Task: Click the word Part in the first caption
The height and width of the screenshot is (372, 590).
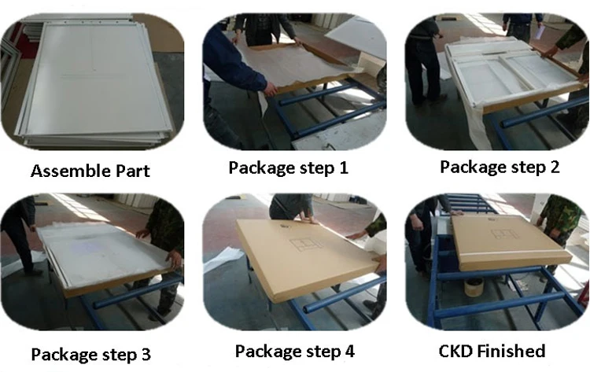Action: [133, 171]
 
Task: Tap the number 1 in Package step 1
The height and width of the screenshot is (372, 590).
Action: [344, 168]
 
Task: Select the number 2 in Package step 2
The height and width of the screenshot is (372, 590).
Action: [555, 167]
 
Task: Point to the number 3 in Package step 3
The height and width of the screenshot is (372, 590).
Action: [146, 354]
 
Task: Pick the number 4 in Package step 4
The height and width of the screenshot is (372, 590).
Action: [349, 351]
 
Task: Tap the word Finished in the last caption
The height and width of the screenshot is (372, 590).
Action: [511, 351]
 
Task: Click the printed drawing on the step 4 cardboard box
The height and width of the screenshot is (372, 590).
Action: [306, 245]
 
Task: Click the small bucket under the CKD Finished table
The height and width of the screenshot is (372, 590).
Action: [474, 287]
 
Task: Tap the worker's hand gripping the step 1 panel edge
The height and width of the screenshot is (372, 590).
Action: [270, 89]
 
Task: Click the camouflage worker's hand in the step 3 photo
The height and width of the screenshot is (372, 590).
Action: [175, 259]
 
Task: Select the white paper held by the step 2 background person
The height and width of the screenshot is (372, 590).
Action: [539, 31]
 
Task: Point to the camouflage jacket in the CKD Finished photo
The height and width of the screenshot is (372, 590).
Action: [560, 219]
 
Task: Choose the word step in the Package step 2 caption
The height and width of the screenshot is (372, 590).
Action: [527, 168]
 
